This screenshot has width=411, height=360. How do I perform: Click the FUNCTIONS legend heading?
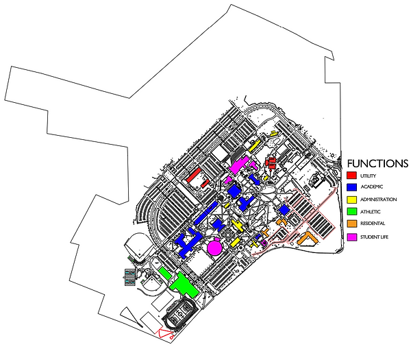coord(377,163)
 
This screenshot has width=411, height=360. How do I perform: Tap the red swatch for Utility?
coord(351,176)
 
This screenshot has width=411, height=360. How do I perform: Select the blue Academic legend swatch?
coord(351,187)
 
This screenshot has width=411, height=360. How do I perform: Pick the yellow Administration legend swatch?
coord(351,200)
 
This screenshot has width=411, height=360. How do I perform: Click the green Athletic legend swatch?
coord(351,211)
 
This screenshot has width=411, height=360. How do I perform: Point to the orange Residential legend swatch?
coord(351,224)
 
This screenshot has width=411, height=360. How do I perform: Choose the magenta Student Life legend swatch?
coord(351,237)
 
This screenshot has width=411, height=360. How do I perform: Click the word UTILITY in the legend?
coord(368,176)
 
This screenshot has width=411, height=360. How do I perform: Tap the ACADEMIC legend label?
coord(372,187)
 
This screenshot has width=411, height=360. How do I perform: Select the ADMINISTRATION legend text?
coord(379,200)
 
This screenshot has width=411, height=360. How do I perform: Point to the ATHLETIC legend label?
coord(371,211)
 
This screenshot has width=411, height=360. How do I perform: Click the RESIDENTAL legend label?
coord(373,224)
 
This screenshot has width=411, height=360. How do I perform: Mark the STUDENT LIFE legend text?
coord(374,237)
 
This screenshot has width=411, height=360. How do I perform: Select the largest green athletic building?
coord(184,285)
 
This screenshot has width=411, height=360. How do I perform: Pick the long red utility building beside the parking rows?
coord(194,175)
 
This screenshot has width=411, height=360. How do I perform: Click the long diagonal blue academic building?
coord(206,213)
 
